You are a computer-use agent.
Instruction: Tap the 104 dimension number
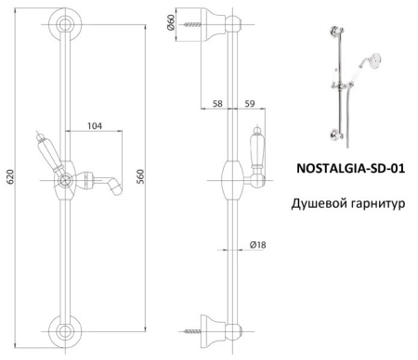pyautogui.click(x=97, y=124)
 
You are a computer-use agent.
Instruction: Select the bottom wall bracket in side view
pyautogui.click(x=221, y=327)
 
